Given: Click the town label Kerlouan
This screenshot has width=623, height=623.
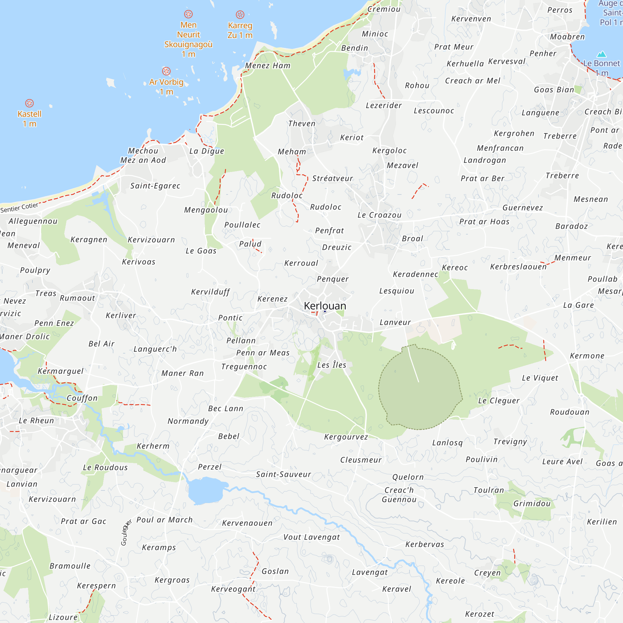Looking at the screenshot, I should (x=325, y=306).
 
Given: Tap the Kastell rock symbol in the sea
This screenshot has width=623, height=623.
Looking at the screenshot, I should (x=29, y=103).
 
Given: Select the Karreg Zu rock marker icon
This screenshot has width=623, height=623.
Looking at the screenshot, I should (x=240, y=15).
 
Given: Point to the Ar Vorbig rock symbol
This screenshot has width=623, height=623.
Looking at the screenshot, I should (x=166, y=71).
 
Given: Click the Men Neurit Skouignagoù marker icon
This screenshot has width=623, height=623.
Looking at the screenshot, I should (x=188, y=14).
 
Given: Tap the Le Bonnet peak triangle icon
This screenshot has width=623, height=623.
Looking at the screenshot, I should (x=602, y=54).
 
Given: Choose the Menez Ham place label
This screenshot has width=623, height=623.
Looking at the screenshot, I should (x=268, y=65).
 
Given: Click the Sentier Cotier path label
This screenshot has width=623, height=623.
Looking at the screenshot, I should (x=19, y=207).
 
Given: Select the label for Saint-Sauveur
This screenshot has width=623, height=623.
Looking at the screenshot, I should (x=283, y=474).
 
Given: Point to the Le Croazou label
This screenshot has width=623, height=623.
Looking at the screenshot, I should (x=379, y=215).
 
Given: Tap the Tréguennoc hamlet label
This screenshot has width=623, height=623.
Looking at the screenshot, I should (x=244, y=367).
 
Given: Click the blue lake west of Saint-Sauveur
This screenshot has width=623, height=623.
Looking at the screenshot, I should (x=205, y=490).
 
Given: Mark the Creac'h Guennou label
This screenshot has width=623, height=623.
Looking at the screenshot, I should (x=399, y=495).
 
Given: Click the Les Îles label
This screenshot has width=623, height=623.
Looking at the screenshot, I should (x=331, y=365).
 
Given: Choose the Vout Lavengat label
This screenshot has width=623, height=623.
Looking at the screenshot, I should (x=311, y=537).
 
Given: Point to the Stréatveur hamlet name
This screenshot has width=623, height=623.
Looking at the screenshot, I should (x=332, y=178).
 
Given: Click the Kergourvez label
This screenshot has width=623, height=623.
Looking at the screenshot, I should (x=346, y=437).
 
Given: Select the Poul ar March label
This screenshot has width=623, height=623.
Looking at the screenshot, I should (x=164, y=520).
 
